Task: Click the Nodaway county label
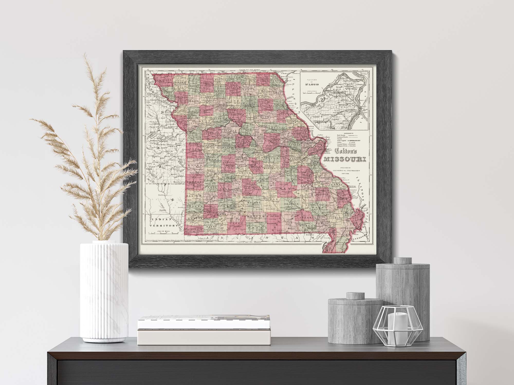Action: [183, 83]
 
